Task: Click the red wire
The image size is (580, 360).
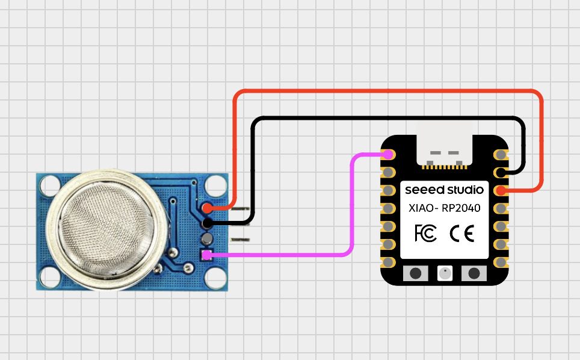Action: click(385, 92)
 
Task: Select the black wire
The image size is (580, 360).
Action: click(385, 118)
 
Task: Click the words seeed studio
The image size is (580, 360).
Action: click(444, 190)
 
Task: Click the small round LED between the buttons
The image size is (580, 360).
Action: click(445, 273)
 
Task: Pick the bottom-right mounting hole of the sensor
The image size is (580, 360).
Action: click(214, 278)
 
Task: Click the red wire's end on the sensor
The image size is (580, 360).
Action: click(207, 208)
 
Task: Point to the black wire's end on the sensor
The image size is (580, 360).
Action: click(207, 223)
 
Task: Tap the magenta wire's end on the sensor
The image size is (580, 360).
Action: click(207, 255)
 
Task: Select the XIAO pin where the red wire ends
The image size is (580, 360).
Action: click(501, 191)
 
